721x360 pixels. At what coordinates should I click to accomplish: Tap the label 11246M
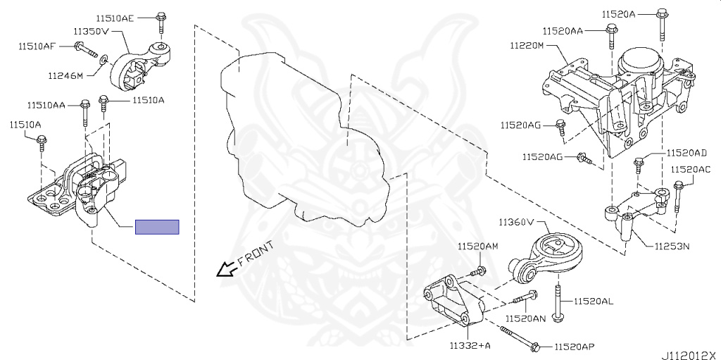click(x=66, y=75)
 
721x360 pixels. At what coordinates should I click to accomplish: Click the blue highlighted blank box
click(x=157, y=227)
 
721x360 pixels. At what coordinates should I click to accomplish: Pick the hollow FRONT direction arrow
click(x=225, y=268)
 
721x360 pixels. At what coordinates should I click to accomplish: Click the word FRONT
click(x=256, y=254)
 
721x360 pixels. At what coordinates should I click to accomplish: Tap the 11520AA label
click(x=563, y=31)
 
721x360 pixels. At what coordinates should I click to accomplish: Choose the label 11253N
click(x=672, y=247)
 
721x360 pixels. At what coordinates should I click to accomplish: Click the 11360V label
click(x=519, y=222)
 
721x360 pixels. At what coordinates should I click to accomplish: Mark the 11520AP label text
click(x=574, y=347)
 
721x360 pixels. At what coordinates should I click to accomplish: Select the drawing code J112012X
click(x=689, y=354)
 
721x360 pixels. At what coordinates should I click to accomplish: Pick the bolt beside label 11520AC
click(x=677, y=195)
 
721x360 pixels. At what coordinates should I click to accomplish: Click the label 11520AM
click(x=477, y=247)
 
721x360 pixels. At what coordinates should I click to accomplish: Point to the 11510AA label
click(x=46, y=105)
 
